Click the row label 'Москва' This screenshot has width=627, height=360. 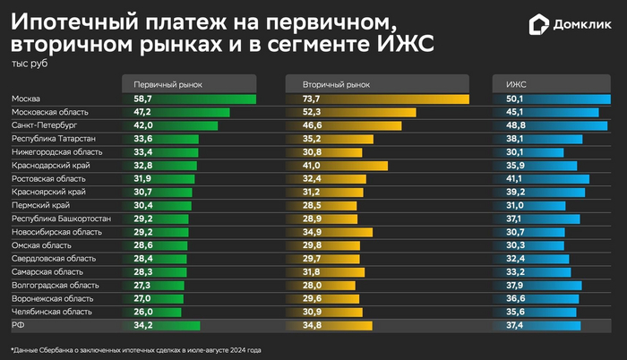coord(27,99)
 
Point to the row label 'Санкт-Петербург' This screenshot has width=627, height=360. coord(43,126)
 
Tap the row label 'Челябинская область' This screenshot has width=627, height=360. coord(51,312)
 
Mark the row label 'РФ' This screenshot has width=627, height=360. coord(17,325)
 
